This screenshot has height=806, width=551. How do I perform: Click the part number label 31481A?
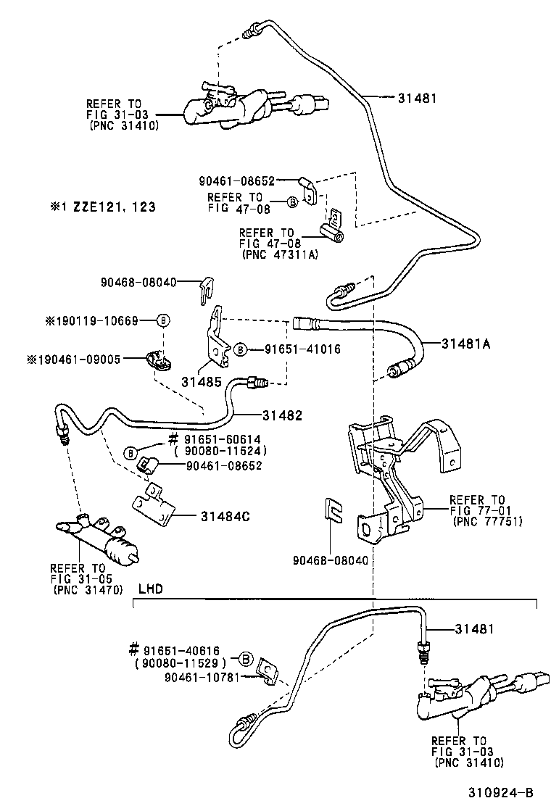pyautogui.click(x=466, y=344)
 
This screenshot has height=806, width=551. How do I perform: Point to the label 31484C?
pyautogui.click(x=225, y=516)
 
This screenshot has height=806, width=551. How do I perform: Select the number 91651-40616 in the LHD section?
pyautogui.click(x=181, y=650)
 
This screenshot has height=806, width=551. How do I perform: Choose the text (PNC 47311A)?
pyautogui.click(x=275, y=254)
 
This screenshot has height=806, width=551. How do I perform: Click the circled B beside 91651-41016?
pyautogui.click(x=239, y=349)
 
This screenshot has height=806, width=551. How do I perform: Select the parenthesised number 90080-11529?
pyautogui.click(x=181, y=662)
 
